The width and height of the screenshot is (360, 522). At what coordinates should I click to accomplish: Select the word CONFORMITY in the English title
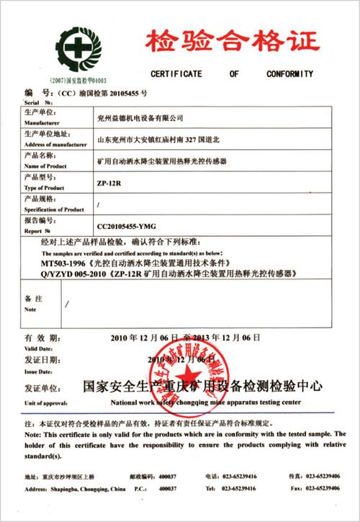(288, 74)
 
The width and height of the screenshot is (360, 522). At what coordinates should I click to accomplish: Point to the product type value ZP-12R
(109, 182)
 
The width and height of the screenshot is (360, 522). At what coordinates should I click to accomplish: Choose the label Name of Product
(45, 166)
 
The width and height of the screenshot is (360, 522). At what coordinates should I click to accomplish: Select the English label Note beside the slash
(30, 309)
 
